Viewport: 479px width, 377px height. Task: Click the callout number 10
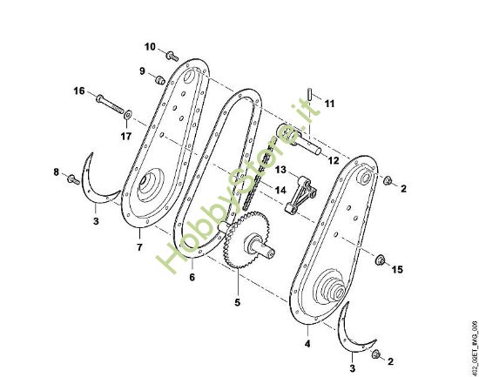pyautogui.click(x=150, y=47)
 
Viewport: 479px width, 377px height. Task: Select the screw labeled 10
pyautogui.click(x=172, y=57)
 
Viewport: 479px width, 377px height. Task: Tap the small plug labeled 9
pyautogui.click(x=160, y=80)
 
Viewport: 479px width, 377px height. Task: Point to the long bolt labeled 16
pyautogui.click(x=110, y=104)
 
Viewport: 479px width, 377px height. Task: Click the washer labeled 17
pyautogui.click(x=128, y=115)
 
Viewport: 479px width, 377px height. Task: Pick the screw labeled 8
pyautogui.click(x=74, y=179)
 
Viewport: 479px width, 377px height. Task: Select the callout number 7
pyautogui.click(x=139, y=247)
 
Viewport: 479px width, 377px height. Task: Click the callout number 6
pyautogui.click(x=192, y=277)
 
